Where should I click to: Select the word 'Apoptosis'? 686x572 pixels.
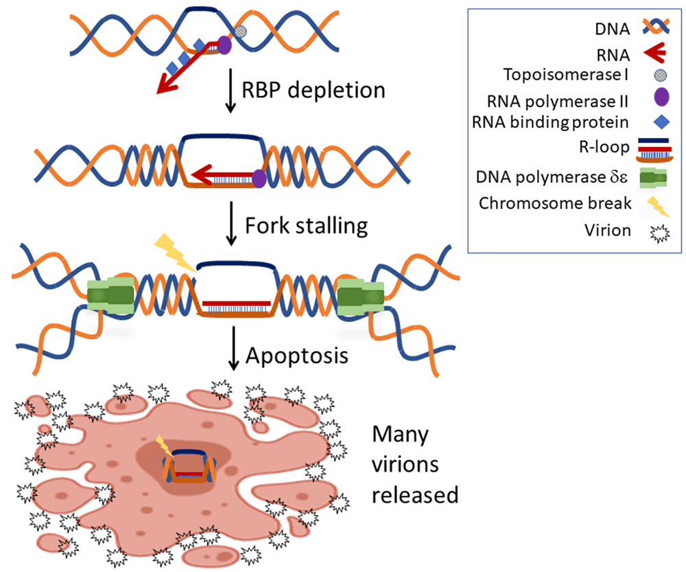click(x=297, y=356)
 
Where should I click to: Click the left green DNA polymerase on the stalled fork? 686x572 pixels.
click(x=111, y=296)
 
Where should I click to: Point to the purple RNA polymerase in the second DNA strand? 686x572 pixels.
click(x=259, y=179)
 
